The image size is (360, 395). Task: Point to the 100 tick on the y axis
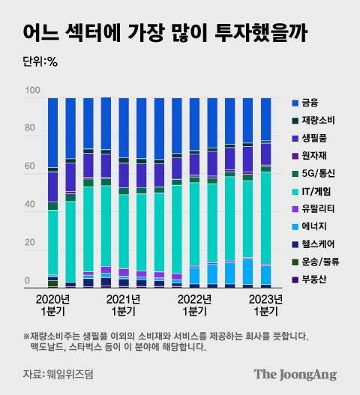click(x=31, y=91)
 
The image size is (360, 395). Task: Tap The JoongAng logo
click(x=294, y=374)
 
